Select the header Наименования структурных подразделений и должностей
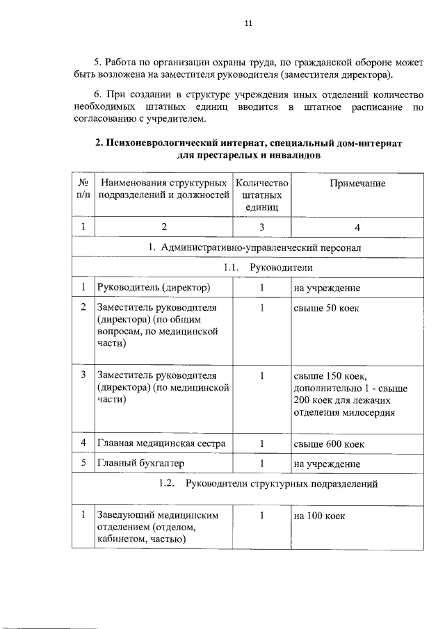click(x=164, y=188)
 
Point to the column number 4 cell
click(x=357, y=227)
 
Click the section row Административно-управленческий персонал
click(x=253, y=247)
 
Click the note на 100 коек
click(x=319, y=516)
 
